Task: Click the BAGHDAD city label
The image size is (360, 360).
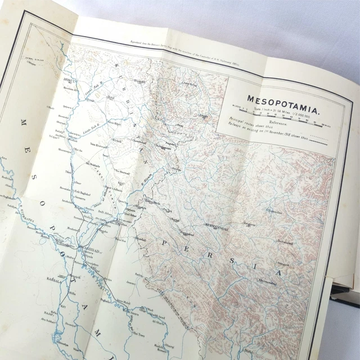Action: click(x=91, y=237)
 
